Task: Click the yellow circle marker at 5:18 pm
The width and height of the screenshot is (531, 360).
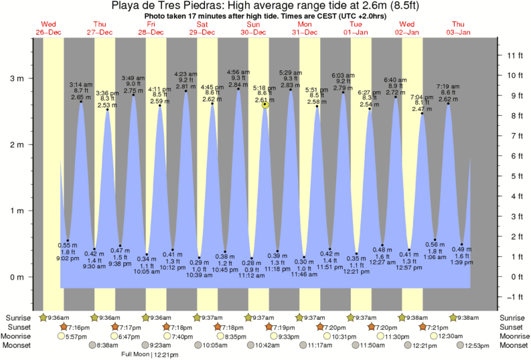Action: (x=266, y=104)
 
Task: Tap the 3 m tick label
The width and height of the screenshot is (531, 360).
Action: (x=16, y=78)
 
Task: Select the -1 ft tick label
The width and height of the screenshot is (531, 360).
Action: (x=513, y=297)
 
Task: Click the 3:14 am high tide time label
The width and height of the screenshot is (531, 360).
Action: (x=81, y=84)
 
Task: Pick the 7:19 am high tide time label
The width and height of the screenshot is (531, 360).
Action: (x=448, y=86)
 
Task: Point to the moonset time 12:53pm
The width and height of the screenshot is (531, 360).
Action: (x=477, y=345)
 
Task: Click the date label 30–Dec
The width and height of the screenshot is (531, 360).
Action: (x=252, y=32)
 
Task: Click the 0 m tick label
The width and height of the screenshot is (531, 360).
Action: (x=16, y=277)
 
